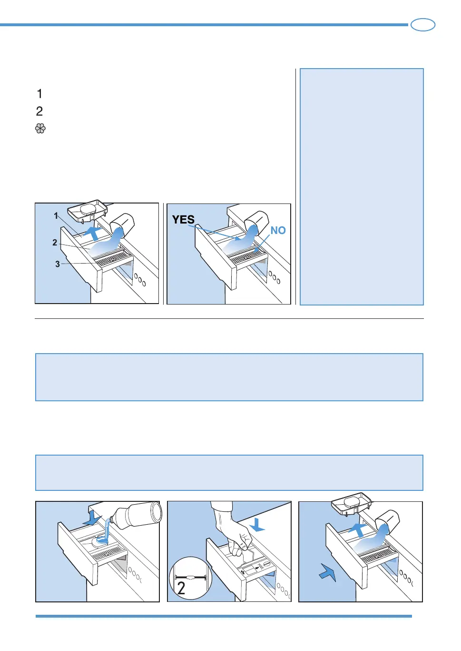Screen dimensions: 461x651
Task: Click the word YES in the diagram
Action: (183, 219)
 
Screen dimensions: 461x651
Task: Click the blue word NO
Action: (278, 231)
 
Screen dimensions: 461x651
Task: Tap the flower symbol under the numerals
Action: (40, 129)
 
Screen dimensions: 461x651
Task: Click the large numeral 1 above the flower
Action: (40, 93)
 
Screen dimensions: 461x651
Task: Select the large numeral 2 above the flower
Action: (39, 111)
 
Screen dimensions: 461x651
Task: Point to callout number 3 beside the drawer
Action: (58, 264)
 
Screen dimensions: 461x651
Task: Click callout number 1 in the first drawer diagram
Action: (56, 216)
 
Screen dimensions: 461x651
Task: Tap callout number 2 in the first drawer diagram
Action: (55, 243)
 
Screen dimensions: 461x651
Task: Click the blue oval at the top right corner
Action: (423, 25)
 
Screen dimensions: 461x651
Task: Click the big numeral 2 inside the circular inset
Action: (181, 588)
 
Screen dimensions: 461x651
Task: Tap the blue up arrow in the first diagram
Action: (93, 233)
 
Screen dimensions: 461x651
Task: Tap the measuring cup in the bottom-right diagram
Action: (388, 520)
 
